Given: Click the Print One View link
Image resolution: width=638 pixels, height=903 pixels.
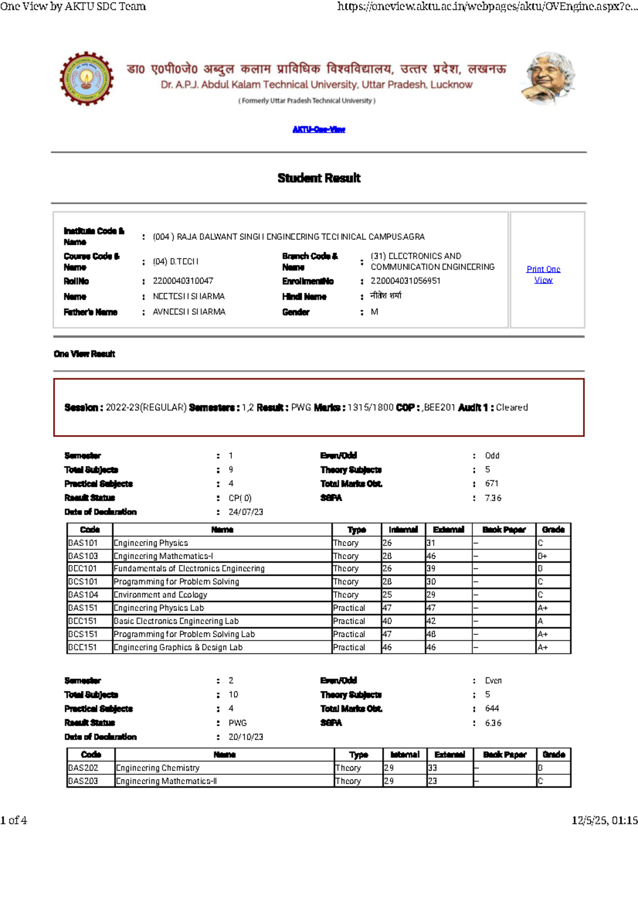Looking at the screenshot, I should pyautogui.click(x=543, y=275).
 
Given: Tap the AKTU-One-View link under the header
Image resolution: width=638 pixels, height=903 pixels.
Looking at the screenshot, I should pyautogui.click(x=318, y=129).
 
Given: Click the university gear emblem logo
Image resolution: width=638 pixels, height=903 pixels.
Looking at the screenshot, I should pyautogui.click(x=86, y=79).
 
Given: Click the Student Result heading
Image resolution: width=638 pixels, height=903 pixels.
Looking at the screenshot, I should pyautogui.click(x=318, y=178).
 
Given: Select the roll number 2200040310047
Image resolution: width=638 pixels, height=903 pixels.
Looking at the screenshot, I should pyautogui.click(x=183, y=281).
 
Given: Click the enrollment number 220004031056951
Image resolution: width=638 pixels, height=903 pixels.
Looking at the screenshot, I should pyautogui.click(x=405, y=281).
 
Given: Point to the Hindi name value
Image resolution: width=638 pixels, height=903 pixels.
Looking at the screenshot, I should pyautogui.click(x=386, y=295).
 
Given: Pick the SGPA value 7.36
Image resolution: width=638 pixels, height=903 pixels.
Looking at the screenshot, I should pyautogui.click(x=493, y=498).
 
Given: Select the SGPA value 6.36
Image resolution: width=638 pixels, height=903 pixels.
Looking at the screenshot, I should pyautogui.click(x=493, y=723).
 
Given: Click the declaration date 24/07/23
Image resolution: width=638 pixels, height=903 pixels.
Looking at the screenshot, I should pyautogui.click(x=246, y=512).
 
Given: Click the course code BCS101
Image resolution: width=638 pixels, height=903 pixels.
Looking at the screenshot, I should pyautogui.click(x=83, y=582).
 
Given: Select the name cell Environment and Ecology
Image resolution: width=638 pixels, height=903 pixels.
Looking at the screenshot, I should pyautogui.click(x=161, y=595).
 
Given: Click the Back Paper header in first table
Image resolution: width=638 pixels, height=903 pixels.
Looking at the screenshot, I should pyautogui.click(x=503, y=530).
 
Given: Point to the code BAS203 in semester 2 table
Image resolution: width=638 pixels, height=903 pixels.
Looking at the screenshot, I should pyautogui.click(x=83, y=781).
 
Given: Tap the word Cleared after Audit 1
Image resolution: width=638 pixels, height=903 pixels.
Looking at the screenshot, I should pyautogui.click(x=511, y=408).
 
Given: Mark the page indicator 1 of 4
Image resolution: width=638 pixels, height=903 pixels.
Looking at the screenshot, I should pyautogui.click(x=14, y=821).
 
